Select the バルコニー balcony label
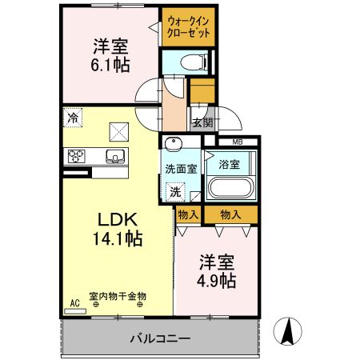tap(160, 338)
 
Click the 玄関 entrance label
tap(202, 122)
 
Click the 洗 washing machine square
tap(175, 192)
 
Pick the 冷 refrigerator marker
tap(73, 118)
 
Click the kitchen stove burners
tap(76, 155)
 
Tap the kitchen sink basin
tap(114, 155)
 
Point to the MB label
tap(238, 142)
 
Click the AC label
tap(74, 302)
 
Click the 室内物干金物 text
tap(118, 297)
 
